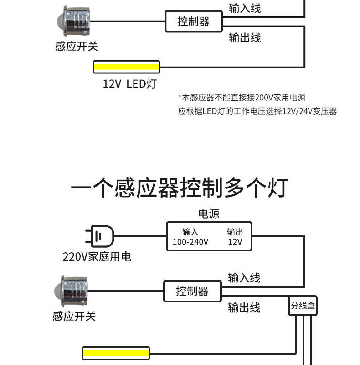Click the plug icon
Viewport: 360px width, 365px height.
click(100, 237)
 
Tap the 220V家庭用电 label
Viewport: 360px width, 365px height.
click(97, 257)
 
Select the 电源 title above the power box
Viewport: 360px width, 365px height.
click(209, 213)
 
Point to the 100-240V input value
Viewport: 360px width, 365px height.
click(190, 242)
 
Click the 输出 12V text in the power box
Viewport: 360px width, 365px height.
click(235, 237)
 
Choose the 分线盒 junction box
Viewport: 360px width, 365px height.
click(303, 307)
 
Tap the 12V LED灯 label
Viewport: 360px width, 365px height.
click(129, 84)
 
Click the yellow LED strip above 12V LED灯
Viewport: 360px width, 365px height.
click(127, 67)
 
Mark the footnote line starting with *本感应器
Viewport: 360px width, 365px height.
click(241, 97)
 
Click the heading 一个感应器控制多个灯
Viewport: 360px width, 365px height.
click(180, 188)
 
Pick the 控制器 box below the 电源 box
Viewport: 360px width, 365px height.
click(192, 291)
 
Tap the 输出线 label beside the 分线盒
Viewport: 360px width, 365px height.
click(244, 308)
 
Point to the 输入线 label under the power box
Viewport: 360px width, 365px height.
click(244, 277)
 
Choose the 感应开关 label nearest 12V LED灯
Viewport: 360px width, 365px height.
click(77, 46)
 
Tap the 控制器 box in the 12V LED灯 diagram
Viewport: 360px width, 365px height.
click(194, 21)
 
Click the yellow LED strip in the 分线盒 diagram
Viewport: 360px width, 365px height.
click(116, 353)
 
